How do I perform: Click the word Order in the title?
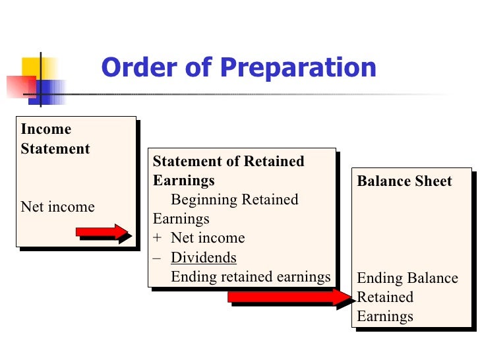134,68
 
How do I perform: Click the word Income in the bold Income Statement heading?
45,129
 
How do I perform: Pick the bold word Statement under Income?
55,149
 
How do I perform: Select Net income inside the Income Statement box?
57,207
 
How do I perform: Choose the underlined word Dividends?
203,258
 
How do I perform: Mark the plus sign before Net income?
157,239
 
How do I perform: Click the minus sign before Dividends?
157,258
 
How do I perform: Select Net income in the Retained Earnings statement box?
208,239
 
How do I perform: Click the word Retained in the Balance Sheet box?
385,297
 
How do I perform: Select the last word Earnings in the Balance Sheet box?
385,316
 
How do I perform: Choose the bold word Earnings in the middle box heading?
183,181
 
